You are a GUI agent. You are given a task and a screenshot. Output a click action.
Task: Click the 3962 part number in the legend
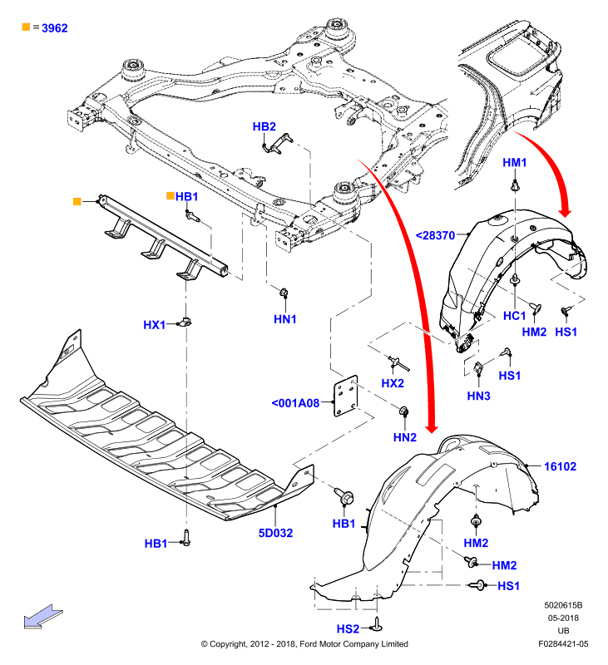[x=55, y=28]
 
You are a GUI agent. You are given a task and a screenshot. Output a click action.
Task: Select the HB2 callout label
[x=264, y=126]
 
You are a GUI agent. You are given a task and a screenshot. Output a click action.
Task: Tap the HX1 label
[x=155, y=325]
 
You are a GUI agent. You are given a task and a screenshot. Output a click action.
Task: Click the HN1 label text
[x=285, y=319]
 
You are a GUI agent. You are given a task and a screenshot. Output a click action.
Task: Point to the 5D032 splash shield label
[x=276, y=533]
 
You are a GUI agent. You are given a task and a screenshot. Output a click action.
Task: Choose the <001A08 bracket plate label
[x=295, y=403]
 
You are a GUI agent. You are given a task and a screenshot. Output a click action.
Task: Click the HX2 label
[x=393, y=383]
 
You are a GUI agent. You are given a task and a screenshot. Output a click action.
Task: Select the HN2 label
[x=405, y=437]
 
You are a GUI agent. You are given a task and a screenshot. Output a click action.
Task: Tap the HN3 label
[x=478, y=396]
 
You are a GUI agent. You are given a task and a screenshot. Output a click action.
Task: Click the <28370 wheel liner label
[x=435, y=235]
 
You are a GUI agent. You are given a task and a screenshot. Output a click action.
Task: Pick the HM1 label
[x=515, y=162]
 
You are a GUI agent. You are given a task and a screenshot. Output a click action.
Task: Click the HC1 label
[x=515, y=316]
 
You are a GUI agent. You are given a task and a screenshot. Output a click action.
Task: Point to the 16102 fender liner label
[x=560, y=466]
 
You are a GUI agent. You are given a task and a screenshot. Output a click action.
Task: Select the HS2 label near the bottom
[x=348, y=629]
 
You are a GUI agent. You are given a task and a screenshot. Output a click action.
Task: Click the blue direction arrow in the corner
[x=43, y=616]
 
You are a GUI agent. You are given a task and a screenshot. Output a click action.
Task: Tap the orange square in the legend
[x=26, y=27]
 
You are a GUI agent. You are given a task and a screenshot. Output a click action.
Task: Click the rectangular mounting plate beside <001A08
[x=346, y=396]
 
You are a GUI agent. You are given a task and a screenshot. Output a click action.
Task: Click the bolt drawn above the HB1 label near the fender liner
[x=344, y=496]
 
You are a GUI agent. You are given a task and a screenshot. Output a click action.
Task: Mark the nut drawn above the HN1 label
[x=284, y=293]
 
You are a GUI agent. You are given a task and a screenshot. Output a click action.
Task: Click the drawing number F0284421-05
[x=563, y=643]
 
